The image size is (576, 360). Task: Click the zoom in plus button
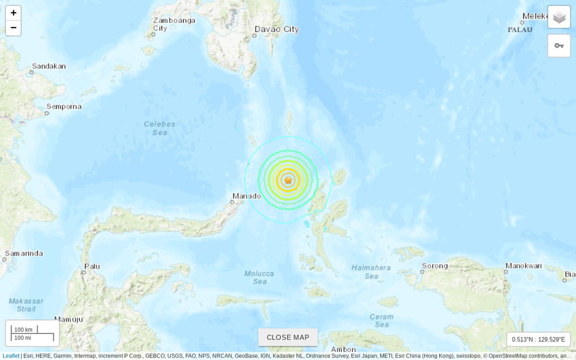(13, 13)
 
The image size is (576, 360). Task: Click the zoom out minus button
(13, 28)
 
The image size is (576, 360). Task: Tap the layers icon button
(559, 17)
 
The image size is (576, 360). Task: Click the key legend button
(559, 46)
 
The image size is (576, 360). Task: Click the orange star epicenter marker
(288, 180)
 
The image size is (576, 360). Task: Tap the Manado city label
(247, 196)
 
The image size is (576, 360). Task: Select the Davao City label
(276, 29)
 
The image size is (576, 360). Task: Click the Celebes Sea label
(160, 128)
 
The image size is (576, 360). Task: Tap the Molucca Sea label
(259, 277)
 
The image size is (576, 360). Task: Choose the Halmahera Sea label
(371, 272)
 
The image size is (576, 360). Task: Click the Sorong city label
(435, 266)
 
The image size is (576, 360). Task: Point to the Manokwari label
(524, 266)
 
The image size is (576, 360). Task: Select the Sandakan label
(49, 66)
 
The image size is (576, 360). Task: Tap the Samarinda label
(24, 253)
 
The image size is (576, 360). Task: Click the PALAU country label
(520, 30)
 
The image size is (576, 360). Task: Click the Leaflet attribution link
(11, 356)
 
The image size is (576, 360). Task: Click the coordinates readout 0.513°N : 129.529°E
(539, 339)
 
